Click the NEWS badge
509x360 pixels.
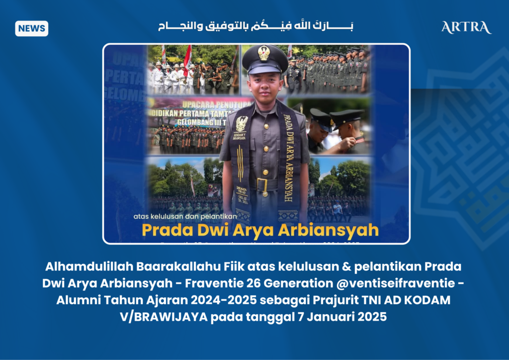click(x=31, y=28)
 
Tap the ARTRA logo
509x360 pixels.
click(x=466, y=27)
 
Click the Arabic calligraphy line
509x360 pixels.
click(x=255, y=26)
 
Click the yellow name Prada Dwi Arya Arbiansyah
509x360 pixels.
click(x=260, y=230)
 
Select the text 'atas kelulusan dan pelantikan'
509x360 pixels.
click(x=175, y=216)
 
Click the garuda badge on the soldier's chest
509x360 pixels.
click(x=242, y=123)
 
